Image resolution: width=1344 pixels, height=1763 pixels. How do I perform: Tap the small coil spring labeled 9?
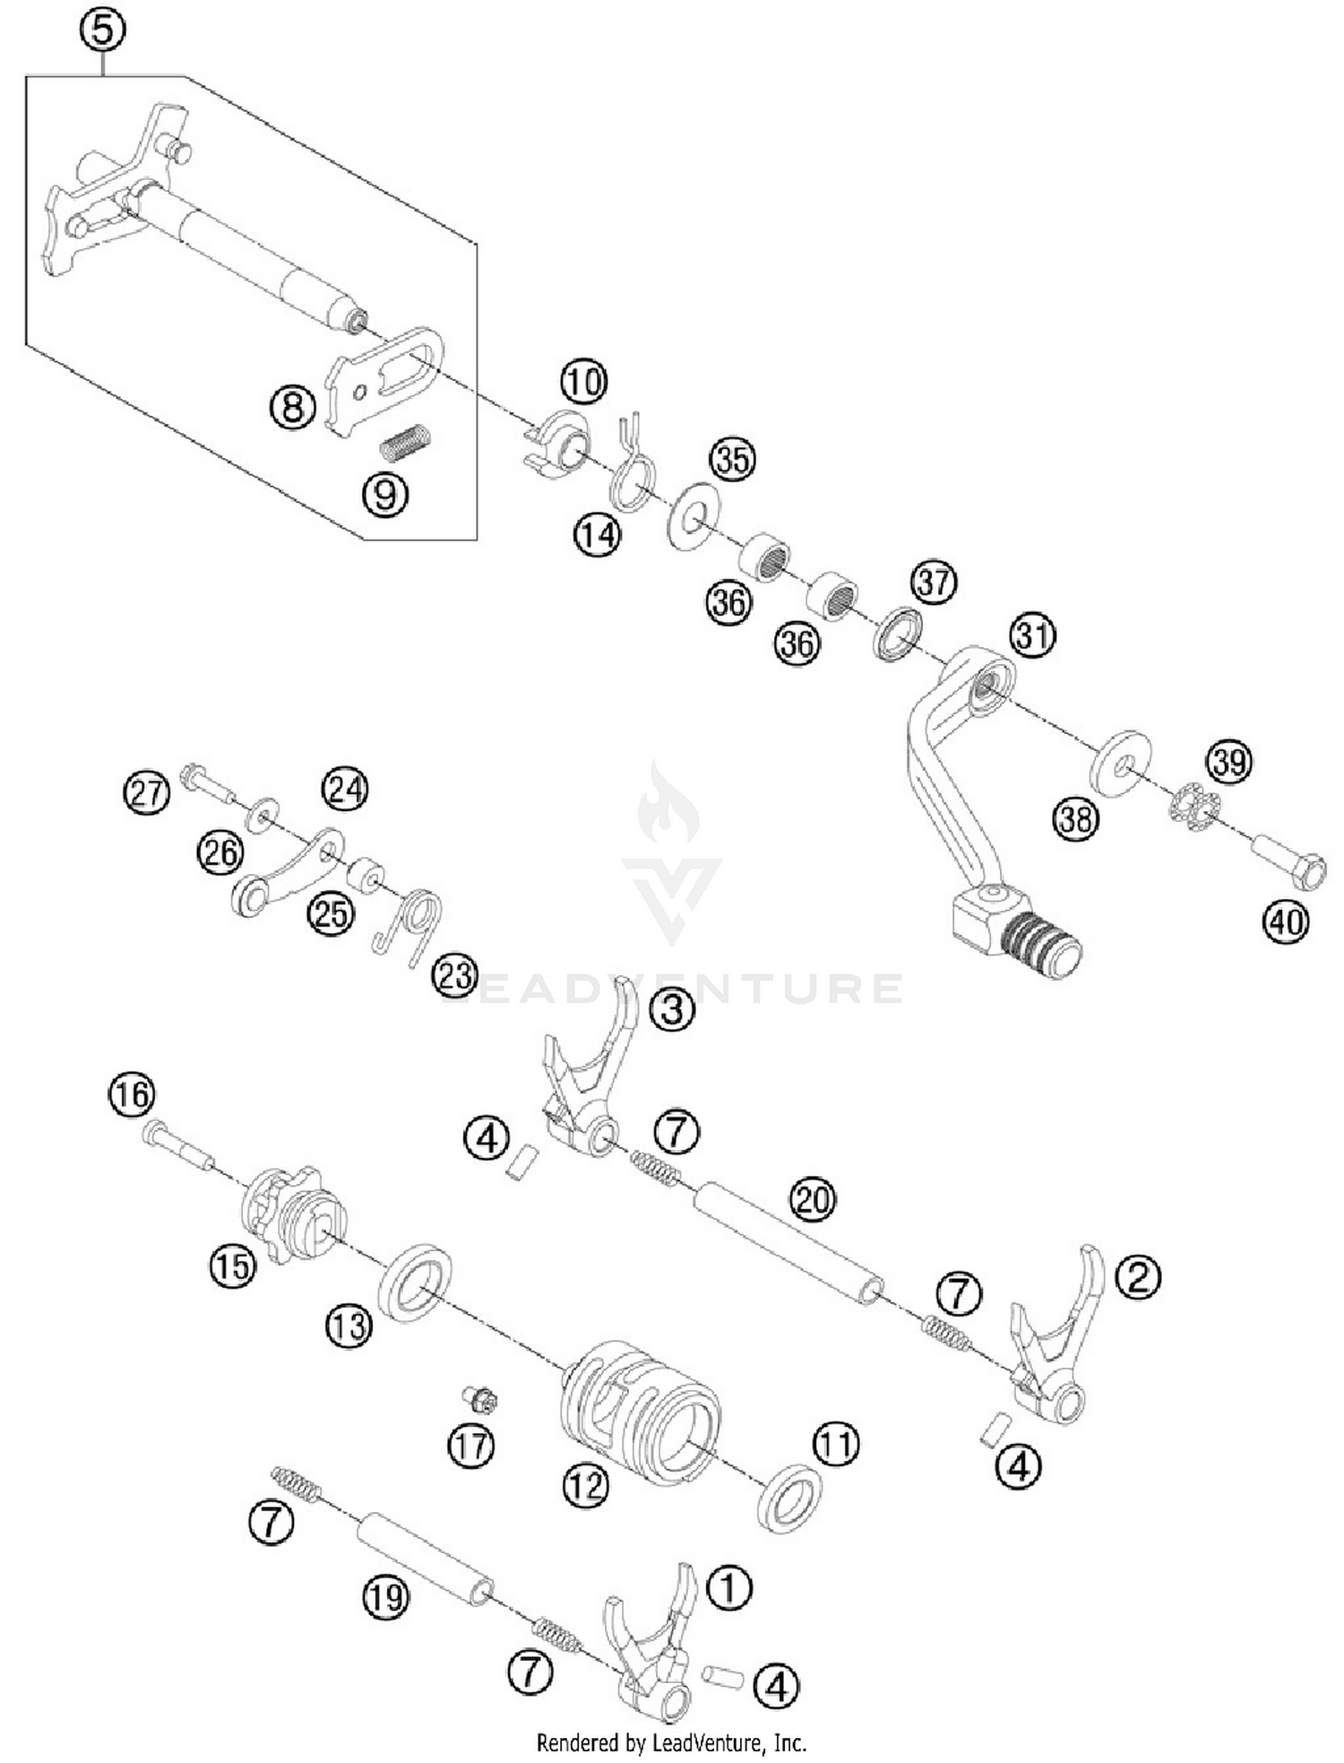click(x=407, y=443)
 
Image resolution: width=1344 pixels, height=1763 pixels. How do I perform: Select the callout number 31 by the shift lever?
click(x=1032, y=635)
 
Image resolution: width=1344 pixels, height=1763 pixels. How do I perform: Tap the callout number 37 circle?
click(x=934, y=583)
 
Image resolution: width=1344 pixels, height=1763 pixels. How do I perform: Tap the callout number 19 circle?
click(x=386, y=1596)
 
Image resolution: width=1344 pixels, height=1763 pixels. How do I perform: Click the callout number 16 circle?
click(x=132, y=1094)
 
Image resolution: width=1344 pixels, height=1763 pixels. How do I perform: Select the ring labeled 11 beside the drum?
click(x=789, y=1498)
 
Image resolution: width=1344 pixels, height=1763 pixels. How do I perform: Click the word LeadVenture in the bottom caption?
click(x=708, y=1742)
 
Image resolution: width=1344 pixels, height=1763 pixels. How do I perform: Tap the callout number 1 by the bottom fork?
click(x=729, y=1587)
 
